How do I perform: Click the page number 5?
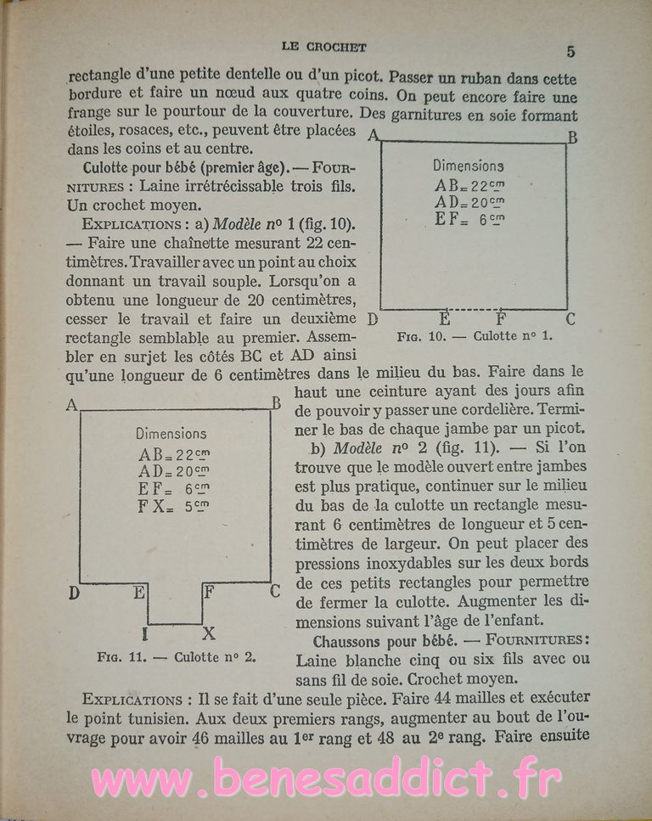pos(570,51)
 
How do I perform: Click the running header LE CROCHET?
pos(326,48)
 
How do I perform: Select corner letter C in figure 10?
pos(570,319)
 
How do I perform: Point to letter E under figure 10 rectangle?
pos(444,320)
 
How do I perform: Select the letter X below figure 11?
pos(209,633)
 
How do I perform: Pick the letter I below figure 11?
pos(146,633)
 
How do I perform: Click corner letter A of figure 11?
pos(72,406)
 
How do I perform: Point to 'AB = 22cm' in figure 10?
pos(469,185)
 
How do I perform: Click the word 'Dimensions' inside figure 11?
pos(171,433)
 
